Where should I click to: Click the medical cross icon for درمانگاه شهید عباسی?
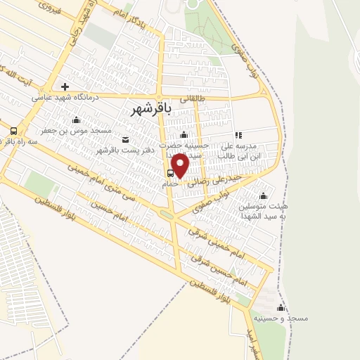[65, 86]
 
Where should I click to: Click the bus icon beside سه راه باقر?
[13, 131]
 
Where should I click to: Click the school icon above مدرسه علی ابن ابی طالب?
[238, 135]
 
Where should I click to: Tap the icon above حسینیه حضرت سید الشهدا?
[184, 134]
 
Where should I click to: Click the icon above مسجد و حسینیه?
[281, 307]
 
